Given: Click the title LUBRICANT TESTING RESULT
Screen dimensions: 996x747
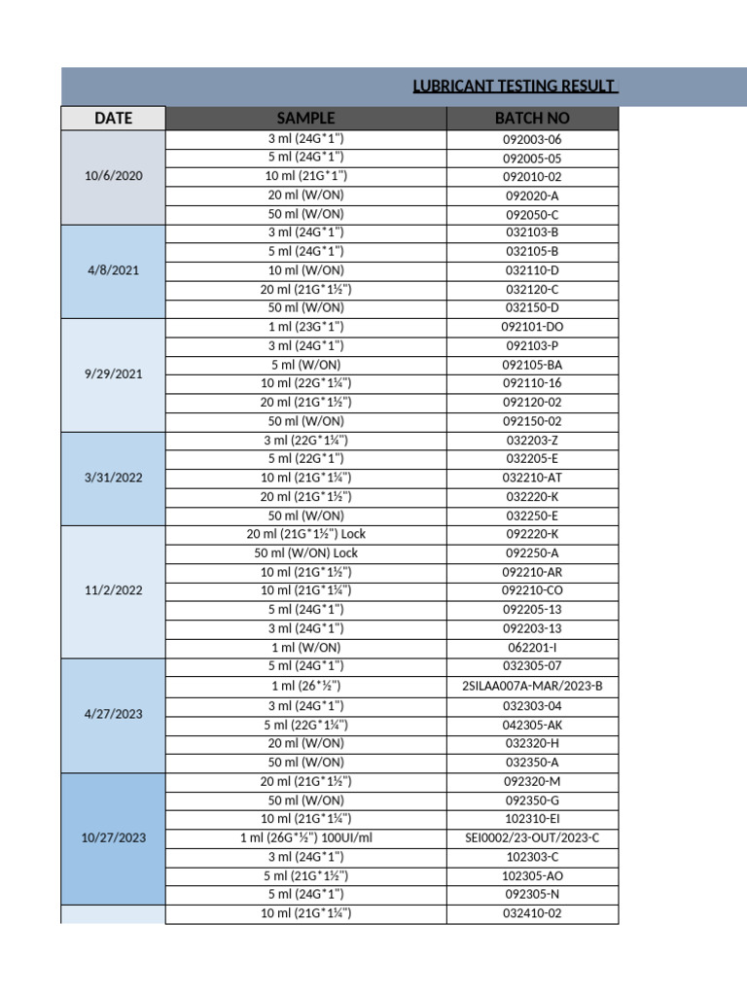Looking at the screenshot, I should (x=515, y=87).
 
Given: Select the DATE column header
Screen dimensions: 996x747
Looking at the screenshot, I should (x=114, y=119).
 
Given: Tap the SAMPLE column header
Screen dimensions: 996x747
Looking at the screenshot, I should (x=305, y=119).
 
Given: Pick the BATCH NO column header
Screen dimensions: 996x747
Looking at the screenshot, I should (x=532, y=119).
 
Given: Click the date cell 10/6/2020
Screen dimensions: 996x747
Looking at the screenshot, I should (x=114, y=176).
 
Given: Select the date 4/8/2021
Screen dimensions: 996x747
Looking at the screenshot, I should (x=114, y=270).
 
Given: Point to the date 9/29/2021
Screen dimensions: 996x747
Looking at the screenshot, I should (x=114, y=373).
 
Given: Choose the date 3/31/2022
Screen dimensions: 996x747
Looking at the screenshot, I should (x=114, y=478).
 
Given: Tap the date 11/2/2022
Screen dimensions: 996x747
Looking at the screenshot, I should (x=114, y=590).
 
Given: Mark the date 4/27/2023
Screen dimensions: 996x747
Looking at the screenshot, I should (x=114, y=714).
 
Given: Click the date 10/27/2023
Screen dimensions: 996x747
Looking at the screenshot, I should (x=114, y=837).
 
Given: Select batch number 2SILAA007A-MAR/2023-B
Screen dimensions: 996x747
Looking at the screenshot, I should (x=532, y=686).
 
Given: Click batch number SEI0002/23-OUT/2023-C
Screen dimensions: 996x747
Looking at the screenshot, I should (x=532, y=837).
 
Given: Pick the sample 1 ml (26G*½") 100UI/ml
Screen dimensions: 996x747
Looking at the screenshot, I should (x=305, y=837).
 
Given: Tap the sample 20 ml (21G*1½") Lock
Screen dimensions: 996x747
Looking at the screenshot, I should (x=305, y=534).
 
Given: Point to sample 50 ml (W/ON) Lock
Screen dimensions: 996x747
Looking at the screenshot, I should (x=305, y=552).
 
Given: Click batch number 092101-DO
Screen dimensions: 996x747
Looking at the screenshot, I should (x=532, y=327).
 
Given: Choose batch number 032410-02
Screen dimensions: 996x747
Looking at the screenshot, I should (x=532, y=913).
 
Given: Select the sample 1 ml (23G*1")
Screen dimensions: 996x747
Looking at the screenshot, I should (x=305, y=327).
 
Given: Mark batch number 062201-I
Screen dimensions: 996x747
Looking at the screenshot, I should (x=532, y=647).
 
